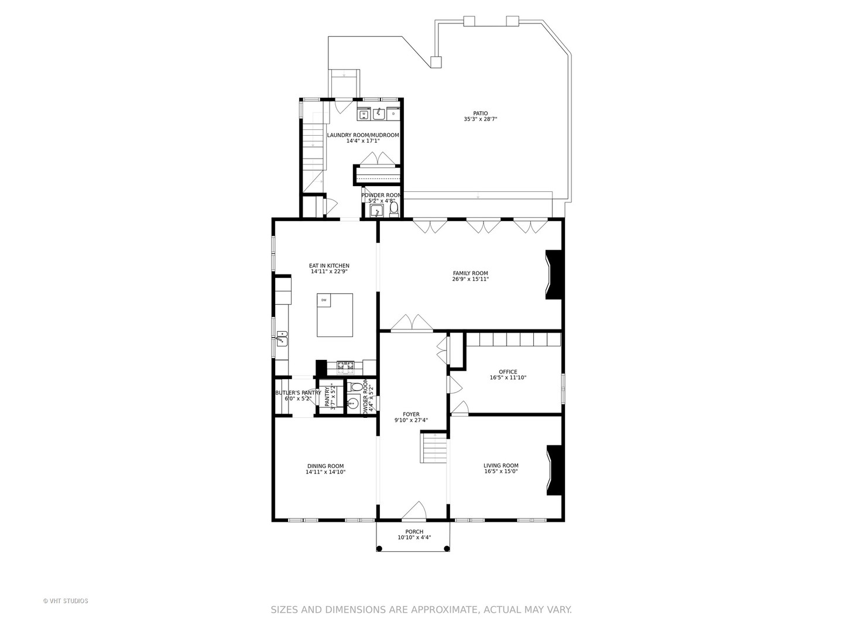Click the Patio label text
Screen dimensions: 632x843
480,114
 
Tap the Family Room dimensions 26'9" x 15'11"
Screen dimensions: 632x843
470,280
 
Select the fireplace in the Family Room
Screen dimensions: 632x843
554,275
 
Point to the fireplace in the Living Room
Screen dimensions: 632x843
555,470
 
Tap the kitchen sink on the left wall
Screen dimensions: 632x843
282,338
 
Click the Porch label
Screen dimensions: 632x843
414,532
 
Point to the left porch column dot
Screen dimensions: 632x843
379,548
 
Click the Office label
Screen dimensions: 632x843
508,372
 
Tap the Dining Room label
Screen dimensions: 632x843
325,466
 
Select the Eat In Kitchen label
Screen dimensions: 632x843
329,266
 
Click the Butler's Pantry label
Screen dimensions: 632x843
298,393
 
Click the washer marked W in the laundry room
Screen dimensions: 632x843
363,114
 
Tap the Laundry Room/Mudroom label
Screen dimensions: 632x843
362,135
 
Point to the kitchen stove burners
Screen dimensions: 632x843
345,367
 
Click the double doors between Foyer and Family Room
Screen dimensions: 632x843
412,323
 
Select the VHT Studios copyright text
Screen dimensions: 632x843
66,601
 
